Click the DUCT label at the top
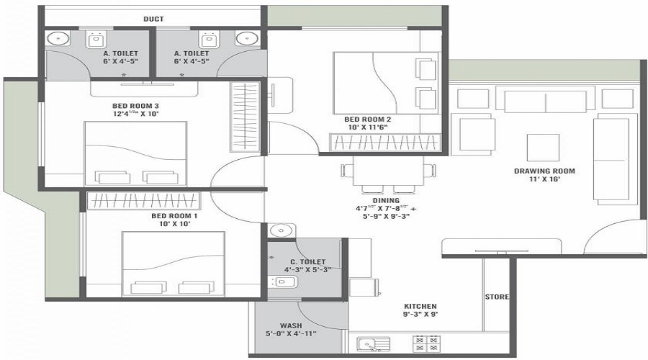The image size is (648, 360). [153, 19]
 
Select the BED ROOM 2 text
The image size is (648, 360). [367, 119]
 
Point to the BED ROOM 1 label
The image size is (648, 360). [174, 216]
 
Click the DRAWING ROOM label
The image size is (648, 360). [544, 171]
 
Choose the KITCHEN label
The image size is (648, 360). [420, 306]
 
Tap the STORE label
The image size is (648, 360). [497, 297]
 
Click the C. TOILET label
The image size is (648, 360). [307, 261]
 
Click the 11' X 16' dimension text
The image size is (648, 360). [544, 180]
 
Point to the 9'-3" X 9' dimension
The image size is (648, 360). [420, 315]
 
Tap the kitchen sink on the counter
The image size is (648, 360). [373, 345]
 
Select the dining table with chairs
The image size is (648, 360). [389, 172]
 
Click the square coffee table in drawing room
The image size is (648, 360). [544, 148]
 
